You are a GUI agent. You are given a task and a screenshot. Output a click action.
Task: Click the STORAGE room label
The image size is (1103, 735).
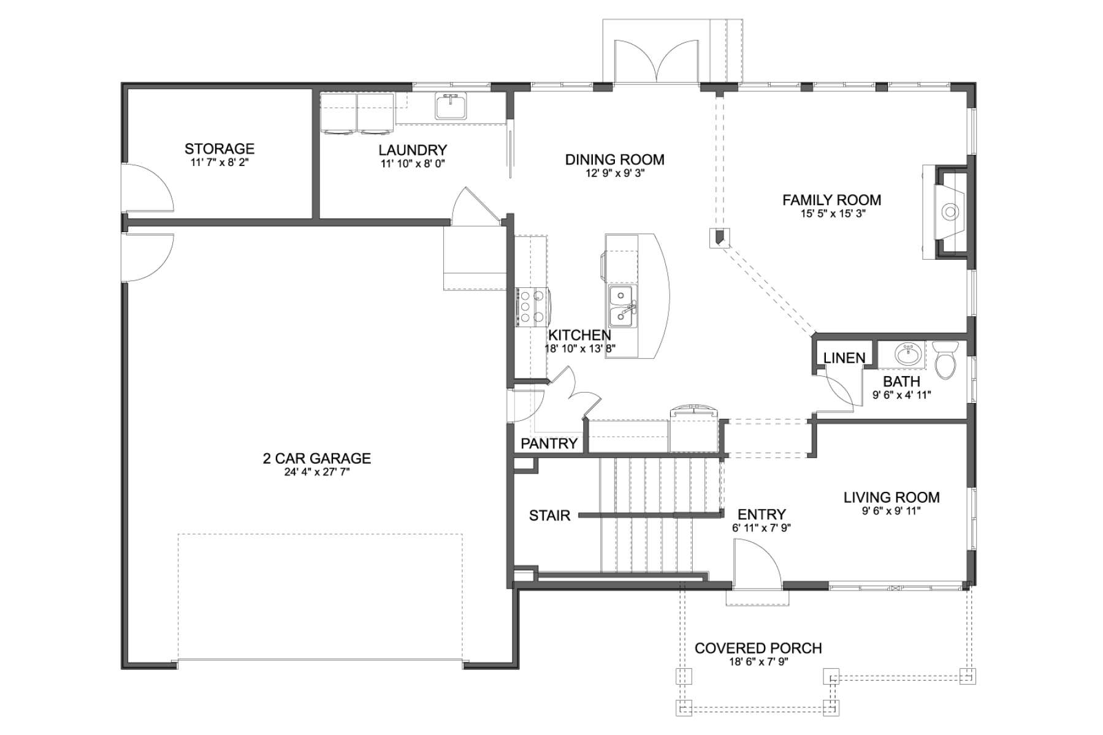point(219,149)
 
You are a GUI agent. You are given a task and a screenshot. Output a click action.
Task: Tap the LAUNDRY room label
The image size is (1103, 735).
point(413,150)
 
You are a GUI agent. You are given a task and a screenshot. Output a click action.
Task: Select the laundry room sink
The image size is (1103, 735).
point(451,106)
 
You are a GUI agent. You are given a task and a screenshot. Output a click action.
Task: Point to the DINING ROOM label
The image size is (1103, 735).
point(615,160)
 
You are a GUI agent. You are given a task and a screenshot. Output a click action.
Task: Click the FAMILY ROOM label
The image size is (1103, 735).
point(832,200)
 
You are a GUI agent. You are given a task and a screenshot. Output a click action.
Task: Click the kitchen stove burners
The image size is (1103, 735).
point(532,306)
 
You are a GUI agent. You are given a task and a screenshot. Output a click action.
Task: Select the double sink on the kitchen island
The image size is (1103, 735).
point(623,307)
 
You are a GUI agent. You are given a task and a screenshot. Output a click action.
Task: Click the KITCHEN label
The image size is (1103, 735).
point(579,336)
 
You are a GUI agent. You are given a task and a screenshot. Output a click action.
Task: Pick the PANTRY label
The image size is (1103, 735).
point(549,443)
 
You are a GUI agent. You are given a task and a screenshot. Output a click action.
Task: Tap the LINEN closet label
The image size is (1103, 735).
point(844,358)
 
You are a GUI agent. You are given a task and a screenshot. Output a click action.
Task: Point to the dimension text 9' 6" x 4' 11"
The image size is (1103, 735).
point(901,396)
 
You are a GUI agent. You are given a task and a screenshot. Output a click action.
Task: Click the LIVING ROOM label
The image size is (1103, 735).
point(891,498)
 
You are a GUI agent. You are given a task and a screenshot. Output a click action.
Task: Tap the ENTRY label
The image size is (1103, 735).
point(761,515)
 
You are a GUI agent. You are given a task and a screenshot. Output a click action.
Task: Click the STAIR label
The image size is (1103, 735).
point(550,516)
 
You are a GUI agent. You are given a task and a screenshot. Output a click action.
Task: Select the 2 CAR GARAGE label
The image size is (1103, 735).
point(317,459)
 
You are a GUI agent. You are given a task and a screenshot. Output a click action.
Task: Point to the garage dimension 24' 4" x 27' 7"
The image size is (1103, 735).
point(317,473)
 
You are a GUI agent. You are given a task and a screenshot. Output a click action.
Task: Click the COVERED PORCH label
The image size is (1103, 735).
point(758,649)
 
